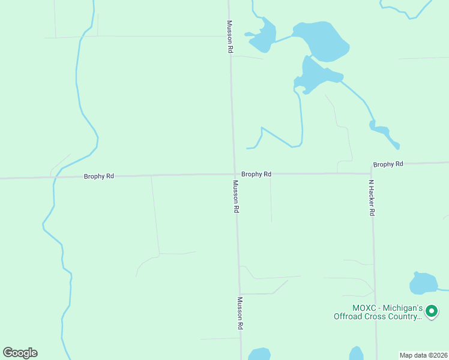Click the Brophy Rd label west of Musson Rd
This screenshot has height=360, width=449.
[x=99, y=176]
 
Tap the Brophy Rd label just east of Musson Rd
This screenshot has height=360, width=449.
[x=256, y=174]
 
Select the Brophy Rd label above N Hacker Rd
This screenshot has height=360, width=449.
[x=388, y=164]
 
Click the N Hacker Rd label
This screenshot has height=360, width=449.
[x=372, y=198]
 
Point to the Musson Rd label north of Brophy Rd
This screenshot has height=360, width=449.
[x=229, y=37]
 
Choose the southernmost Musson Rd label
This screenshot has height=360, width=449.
[x=240, y=313]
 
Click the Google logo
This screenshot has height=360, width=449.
[x=20, y=353]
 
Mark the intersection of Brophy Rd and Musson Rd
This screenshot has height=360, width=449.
[x=235, y=175]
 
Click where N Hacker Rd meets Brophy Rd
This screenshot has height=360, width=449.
[x=370, y=173]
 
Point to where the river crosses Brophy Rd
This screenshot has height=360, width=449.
[x=54, y=178]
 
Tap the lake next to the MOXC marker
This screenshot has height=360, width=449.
[x=423, y=283]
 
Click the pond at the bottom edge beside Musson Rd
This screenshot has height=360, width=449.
[x=260, y=355]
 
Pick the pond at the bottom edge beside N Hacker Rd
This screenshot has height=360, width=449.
[x=357, y=354]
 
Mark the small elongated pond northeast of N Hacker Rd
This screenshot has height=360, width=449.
[x=384, y=133]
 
